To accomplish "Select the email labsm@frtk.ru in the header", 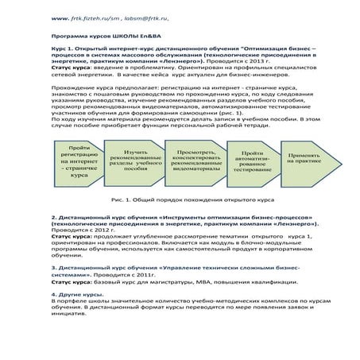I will click(x=152, y=17).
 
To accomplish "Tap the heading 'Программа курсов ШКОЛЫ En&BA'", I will click(x=99, y=36).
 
